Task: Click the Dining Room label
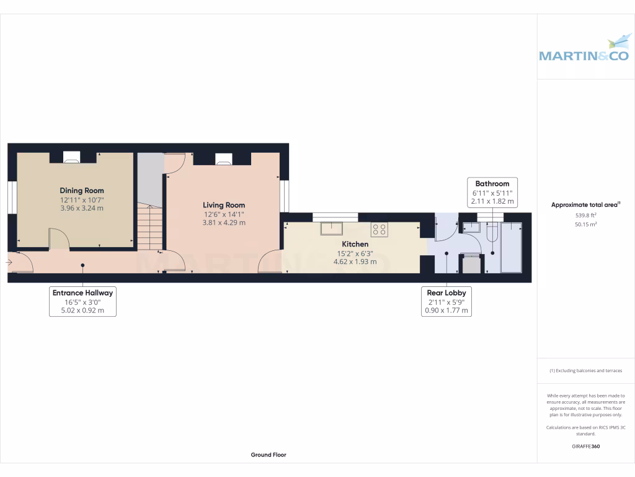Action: [82, 191]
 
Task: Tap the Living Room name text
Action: [224, 205]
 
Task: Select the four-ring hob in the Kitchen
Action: [380, 229]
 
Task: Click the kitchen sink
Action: [332, 228]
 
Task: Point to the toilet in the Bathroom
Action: [492, 233]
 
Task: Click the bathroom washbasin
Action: [471, 227]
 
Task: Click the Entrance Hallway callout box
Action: [83, 301]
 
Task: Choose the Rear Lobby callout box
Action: [446, 301]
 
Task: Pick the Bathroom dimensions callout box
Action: [492, 193]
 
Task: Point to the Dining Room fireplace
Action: [73, 158]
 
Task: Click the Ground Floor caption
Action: [269, 455]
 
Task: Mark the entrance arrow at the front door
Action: [9, 263]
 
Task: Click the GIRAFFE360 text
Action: [585, 446]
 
